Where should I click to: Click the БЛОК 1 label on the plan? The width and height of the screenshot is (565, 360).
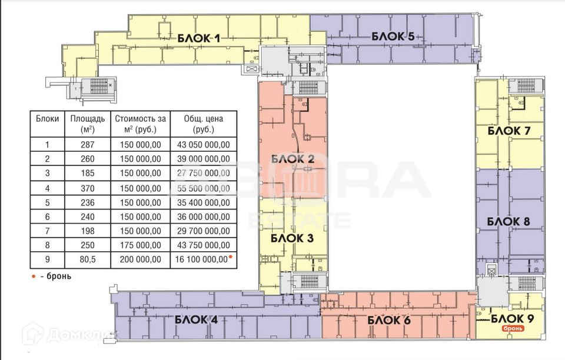198,39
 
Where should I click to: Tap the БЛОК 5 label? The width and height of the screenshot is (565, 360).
394,37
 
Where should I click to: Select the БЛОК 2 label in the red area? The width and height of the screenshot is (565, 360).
293,159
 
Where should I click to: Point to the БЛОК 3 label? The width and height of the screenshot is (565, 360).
291,238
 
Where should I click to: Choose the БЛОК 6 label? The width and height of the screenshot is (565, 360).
388,321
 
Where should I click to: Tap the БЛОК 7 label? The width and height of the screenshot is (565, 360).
509,131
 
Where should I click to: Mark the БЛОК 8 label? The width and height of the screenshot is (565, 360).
509,222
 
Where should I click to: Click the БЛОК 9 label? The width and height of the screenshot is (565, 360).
512,319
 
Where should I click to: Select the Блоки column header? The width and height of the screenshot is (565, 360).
47,119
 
